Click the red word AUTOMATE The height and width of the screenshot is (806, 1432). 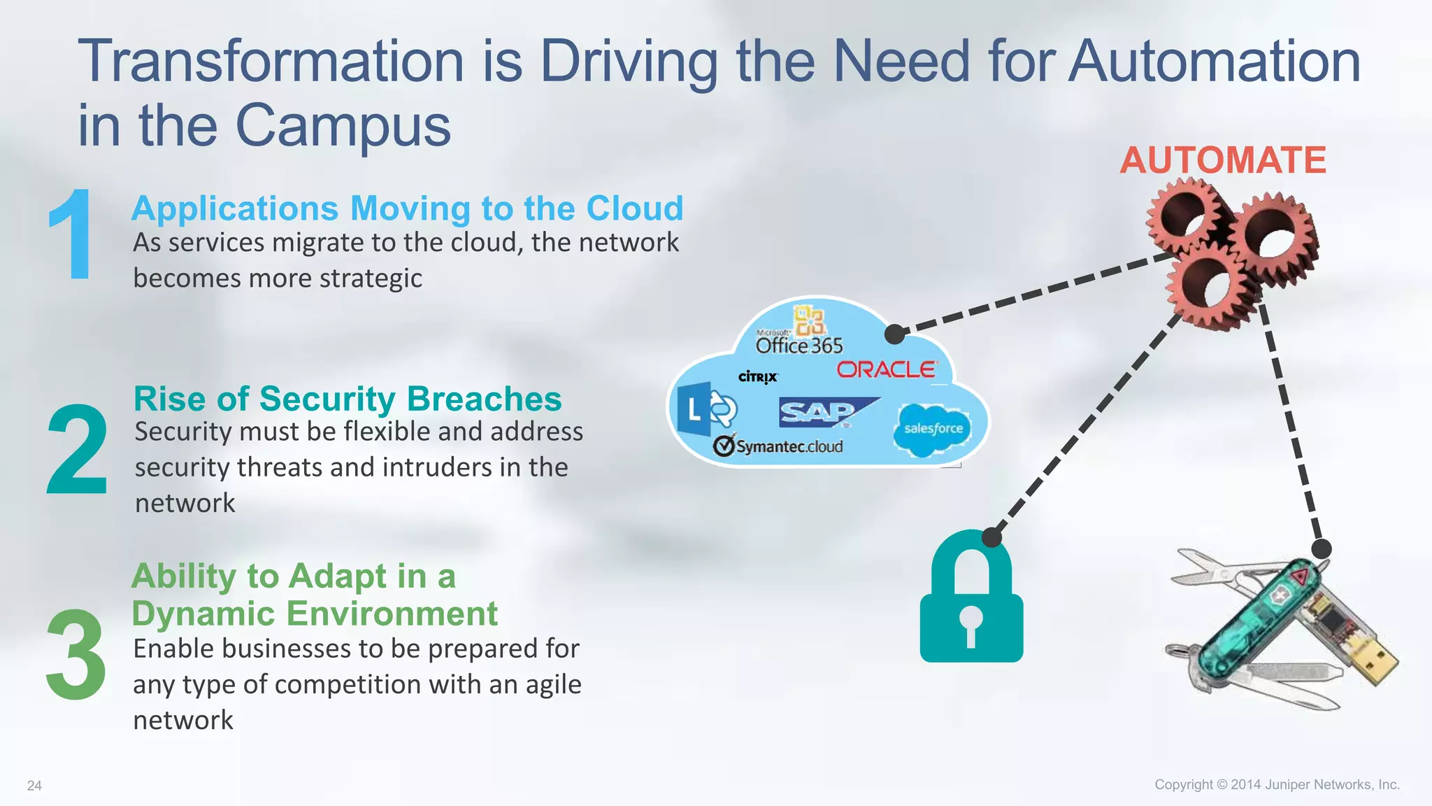coord(1223,160)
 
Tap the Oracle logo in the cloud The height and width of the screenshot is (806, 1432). coord(886,369)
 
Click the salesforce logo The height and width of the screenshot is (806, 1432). coord(933,429)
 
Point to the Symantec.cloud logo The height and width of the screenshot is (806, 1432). coord(778,446)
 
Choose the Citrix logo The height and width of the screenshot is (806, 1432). coord(758,377)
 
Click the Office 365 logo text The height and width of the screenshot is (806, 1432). coord(799,346)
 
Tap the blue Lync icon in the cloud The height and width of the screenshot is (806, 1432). coord(704,409)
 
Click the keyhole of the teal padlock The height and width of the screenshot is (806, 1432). coord(971,623)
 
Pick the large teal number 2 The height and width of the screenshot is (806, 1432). coord(77,450)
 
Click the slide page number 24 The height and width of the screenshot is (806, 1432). coord(34,786)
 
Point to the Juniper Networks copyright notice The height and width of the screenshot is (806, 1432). coord(1277,784)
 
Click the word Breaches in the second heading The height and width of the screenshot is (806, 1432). coord(484,399)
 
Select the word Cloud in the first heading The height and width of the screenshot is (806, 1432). coord(634,208)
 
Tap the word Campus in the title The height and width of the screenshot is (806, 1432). coord(343,126)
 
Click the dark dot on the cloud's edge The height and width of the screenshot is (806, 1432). coord(895,334)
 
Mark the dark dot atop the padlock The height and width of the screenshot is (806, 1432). coord(991,537)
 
